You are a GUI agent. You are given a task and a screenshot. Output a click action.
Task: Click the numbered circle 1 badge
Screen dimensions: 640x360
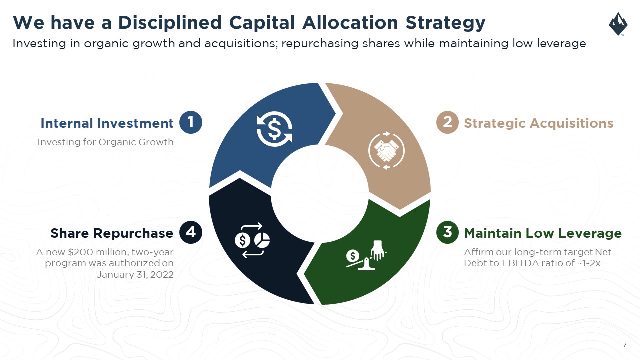[191, 122]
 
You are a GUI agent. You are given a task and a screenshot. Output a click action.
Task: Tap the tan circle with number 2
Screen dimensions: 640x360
[447, 122]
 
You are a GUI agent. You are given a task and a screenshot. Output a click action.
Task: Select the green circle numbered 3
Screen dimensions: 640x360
[447, 232]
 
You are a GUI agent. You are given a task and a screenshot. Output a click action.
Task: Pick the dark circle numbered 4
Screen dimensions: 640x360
[191, 232]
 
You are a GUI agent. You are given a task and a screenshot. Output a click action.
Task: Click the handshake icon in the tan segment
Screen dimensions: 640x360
[386, 150]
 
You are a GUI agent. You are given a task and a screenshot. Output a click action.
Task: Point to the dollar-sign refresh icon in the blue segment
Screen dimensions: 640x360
[274, 129]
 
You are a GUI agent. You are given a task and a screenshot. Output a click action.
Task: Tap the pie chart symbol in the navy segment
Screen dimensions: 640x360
[262, 240]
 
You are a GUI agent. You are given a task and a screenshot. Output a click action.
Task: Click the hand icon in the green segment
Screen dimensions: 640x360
[377, 250]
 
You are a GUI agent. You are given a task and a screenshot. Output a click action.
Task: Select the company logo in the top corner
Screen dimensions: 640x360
[618, 24]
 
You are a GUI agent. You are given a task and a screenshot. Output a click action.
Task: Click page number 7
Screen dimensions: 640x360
[625, 345]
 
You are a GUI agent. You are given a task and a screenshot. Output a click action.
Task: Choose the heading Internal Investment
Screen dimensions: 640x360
[107, 123]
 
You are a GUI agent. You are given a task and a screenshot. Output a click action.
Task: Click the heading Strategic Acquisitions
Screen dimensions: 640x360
[539, 123]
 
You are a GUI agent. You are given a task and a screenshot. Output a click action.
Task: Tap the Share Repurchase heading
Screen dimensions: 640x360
[112, 233]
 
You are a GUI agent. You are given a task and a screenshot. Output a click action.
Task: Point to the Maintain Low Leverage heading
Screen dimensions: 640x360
[543, 233]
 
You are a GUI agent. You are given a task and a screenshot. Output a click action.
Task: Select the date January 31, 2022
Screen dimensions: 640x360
[135, 275]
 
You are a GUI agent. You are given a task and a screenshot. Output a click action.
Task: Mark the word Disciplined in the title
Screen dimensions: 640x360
[170, 23]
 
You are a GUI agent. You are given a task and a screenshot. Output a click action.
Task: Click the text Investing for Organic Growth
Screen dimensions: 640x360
[105, 142]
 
